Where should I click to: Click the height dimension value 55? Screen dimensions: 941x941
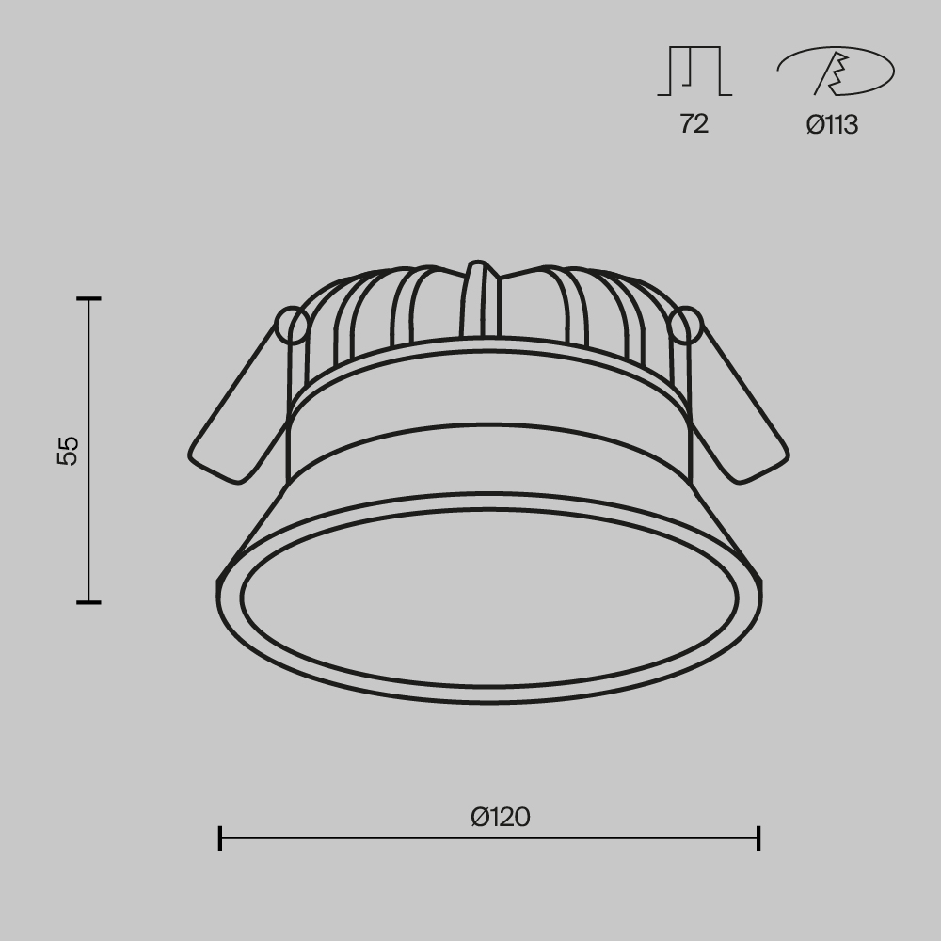pos(69,450)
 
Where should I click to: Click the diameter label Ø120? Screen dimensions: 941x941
pos(501,817)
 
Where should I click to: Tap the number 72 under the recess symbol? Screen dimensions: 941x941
pos(694,123)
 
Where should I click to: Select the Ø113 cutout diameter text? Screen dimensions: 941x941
pos(832,124)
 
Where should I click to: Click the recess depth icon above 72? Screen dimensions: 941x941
pos(694,72)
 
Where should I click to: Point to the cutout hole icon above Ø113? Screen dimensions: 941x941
pos(836,72)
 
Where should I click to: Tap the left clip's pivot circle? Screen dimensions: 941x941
pos(293,326)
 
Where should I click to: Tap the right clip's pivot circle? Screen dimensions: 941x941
pos(686,326)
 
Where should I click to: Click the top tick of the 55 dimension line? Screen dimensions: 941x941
pos(89,299)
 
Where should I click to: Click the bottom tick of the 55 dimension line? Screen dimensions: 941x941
pos(89,602)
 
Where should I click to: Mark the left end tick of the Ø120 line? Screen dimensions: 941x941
pos(220,837)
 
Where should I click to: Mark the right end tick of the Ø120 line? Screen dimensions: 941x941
pos(758,837)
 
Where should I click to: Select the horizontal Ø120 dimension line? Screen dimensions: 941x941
pos(376,837)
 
